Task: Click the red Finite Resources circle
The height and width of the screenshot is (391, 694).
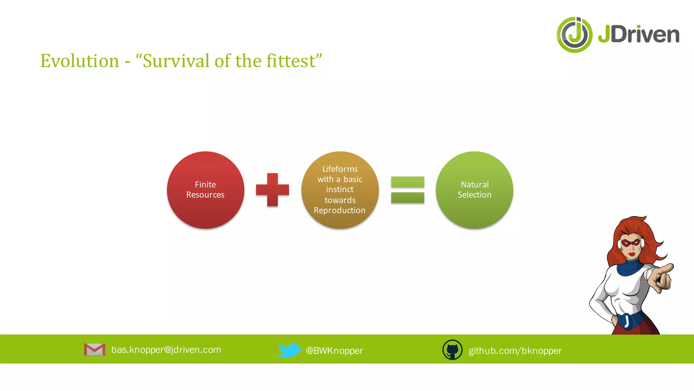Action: coord(205,190)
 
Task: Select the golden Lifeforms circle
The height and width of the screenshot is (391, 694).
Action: coord(340,190)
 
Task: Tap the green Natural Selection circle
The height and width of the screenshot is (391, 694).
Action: coord(474,190)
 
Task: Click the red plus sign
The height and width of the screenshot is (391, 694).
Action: coord(272,190)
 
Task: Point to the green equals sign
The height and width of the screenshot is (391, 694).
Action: coord(407,190)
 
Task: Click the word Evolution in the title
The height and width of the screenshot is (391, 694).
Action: coord(80,61)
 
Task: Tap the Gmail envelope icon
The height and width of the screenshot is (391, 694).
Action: coord(95,349)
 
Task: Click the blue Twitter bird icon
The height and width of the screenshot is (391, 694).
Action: coord(288,350)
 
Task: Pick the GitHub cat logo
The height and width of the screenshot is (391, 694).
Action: coord(452,350)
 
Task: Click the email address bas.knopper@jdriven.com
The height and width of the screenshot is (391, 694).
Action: coord(166,350)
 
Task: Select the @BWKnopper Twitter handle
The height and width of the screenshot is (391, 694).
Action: coord(334,351)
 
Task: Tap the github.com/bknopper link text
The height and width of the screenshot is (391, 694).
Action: coord(515,351)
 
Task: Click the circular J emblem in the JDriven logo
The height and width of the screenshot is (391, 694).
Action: coord(574,35)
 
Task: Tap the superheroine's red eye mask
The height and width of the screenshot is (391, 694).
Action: coord(631,243)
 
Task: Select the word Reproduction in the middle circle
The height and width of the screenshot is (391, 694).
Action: coord(340,210)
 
